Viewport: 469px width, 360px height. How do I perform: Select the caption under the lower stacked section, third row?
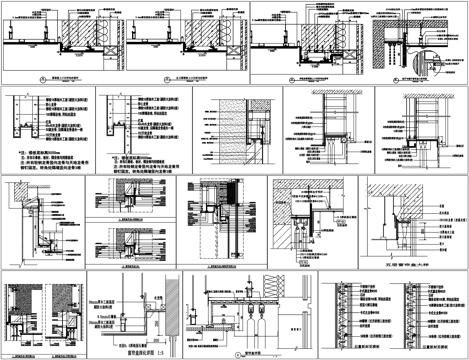(130, 268)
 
